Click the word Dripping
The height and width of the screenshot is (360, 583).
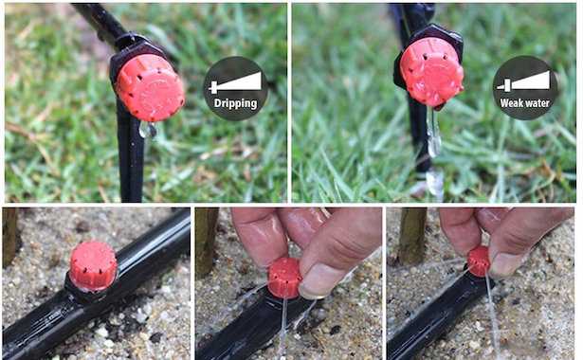pos(236,103)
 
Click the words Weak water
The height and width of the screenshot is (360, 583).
pos(524,103)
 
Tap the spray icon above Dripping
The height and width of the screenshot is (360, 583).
pos(235,82)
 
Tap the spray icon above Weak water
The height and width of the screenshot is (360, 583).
pos(523,81)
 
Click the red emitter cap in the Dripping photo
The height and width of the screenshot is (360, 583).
pos(150,88)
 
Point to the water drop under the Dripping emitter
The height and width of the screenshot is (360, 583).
pos(148,129)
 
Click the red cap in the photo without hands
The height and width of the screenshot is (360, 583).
pos(93,265)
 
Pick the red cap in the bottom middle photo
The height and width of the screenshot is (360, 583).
pos(284,278)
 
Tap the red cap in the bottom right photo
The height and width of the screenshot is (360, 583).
pos(479,261)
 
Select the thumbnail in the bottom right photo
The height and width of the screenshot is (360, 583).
pos(506,264)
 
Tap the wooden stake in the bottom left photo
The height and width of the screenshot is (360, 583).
pos(9,237)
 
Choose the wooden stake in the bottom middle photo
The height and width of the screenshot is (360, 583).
pos(207,242)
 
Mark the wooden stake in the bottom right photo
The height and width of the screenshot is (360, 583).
pos(412,236)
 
